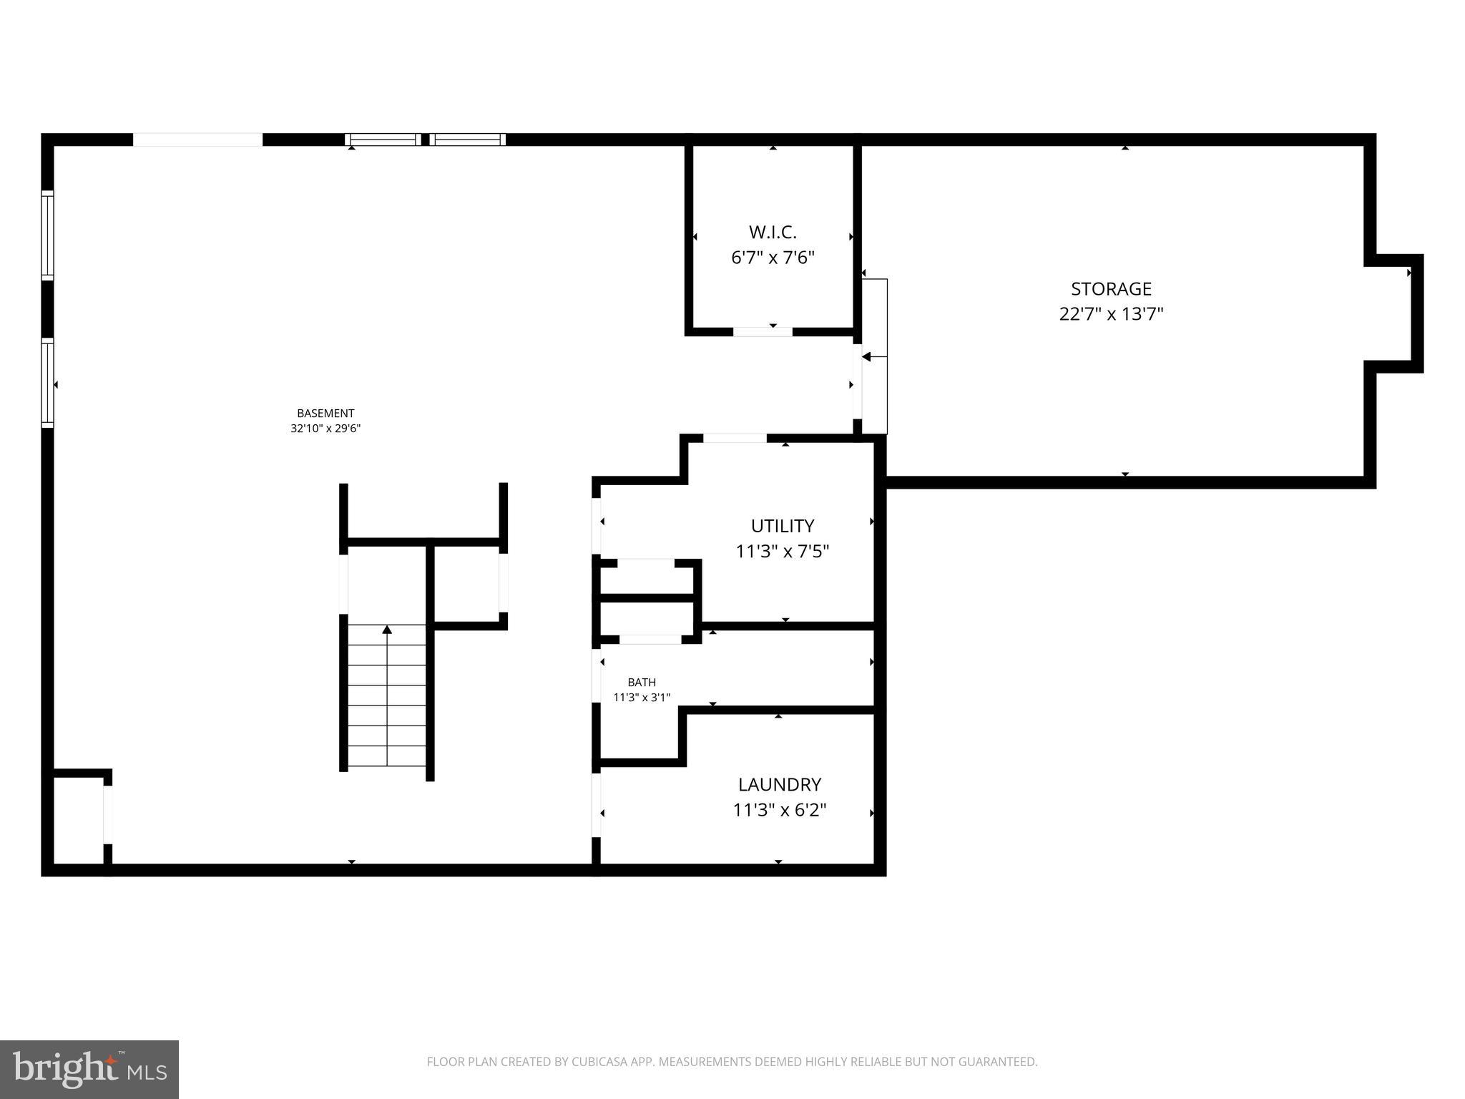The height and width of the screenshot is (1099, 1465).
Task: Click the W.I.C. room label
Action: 773,232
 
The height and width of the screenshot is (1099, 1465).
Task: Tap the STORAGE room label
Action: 1111,289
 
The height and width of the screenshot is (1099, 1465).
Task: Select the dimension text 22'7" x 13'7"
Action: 1111,314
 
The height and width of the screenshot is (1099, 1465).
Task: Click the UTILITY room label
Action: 782,526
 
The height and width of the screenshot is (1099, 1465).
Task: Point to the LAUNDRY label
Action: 779,784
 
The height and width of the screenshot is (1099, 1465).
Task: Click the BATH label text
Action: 642,682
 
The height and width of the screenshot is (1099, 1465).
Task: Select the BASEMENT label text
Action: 325,413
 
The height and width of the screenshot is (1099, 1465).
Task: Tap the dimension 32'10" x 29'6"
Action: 325,429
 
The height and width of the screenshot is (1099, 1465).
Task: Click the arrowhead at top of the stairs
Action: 387,630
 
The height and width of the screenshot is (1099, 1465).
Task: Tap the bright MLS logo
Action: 89,1069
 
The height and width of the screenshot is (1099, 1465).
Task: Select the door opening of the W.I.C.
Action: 763,331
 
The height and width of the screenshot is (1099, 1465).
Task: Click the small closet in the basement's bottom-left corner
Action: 79,820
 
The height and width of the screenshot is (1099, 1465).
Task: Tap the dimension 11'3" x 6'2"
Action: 779,810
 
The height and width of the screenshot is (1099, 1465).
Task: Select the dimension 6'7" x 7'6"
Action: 773,258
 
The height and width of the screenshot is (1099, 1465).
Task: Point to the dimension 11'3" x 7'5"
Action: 782,552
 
